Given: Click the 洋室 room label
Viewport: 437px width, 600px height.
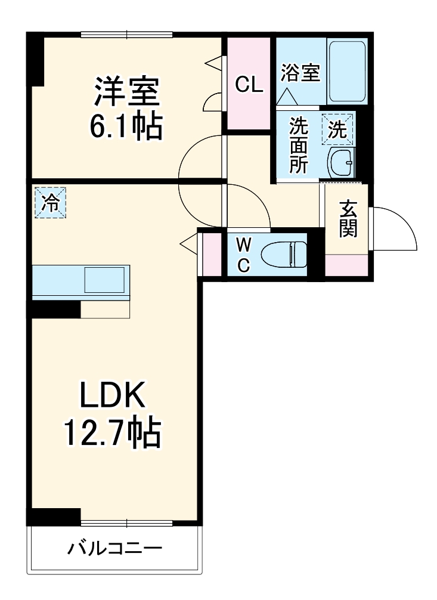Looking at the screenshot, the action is point(127,92).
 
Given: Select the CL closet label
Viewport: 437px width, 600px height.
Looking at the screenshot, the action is point(249,84).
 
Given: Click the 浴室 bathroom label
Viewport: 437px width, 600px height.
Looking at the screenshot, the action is point(300,72).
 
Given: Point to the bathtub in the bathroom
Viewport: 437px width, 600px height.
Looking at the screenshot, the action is point(347,71).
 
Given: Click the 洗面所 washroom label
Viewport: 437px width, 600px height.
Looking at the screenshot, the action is point(299,146).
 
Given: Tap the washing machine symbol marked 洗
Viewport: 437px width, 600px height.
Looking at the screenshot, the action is point(337,129).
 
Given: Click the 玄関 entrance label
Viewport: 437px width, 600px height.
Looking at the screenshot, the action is point(348,218).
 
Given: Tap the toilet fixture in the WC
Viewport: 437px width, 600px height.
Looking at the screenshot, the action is point(284,254).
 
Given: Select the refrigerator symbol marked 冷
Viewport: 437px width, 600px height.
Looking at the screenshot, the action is point(51,202).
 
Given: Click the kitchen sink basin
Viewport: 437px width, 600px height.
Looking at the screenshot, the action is point(104,280).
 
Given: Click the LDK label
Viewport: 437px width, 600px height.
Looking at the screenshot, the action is point(112,394).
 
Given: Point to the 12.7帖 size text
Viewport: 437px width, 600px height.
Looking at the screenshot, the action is point(112,432).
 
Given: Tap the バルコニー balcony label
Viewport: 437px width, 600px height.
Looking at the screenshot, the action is point(115,549).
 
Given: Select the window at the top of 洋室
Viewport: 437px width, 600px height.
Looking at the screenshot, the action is point(127,35).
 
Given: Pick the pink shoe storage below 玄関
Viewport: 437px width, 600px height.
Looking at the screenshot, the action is point(346,265).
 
